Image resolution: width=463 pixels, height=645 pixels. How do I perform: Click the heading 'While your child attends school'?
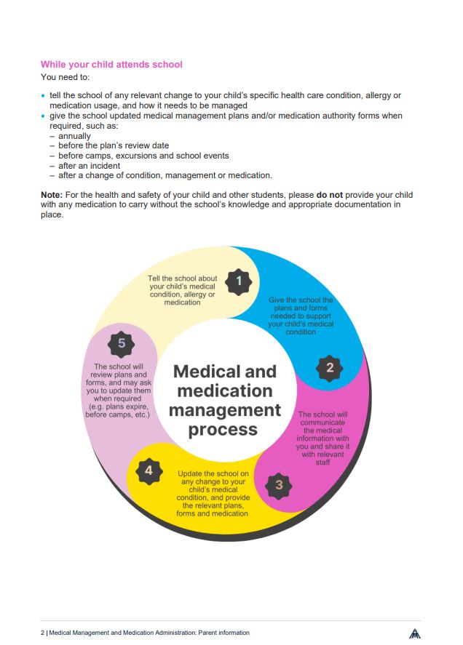111,65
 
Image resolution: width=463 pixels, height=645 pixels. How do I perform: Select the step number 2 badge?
330,368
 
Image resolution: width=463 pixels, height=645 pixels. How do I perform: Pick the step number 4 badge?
149,470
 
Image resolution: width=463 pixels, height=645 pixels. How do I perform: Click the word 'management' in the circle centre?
225,410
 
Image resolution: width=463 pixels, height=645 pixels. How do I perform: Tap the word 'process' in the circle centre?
223,429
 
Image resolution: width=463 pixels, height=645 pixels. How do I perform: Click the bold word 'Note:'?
52,196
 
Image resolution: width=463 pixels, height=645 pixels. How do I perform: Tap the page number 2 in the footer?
42,633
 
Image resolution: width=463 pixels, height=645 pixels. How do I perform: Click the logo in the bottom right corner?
415,633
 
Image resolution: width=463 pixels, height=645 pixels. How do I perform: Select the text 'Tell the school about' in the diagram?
182,279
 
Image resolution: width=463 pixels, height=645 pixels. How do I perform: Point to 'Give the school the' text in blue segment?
301,300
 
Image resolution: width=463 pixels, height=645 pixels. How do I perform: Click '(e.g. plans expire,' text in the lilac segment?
118,407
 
